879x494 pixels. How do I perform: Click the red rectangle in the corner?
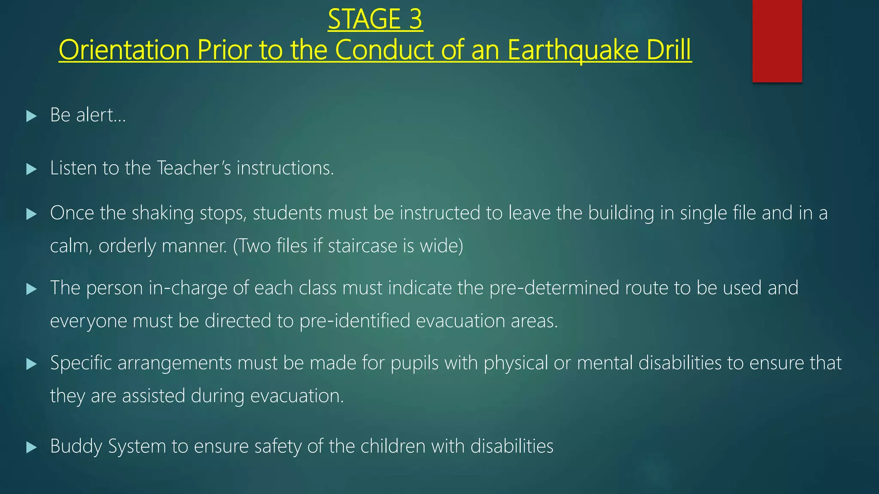pyautogui.click(x=777, y=41)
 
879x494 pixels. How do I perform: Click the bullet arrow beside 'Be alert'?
pyautogui.click(x=31, y=116)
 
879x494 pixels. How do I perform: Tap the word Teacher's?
pyautogui.click(x=194, y=168)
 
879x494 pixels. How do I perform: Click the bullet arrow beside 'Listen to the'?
pyautogui.click(x=31, y=169)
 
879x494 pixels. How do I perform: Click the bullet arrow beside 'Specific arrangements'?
pyautogui.click(x=31, y=364)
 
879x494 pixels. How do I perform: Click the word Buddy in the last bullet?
pyautogui.click(x=76, y=447)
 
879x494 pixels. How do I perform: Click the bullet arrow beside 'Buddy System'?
pyautogui.click(x=31, y=448)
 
